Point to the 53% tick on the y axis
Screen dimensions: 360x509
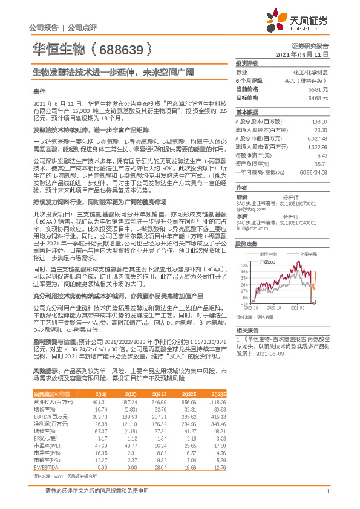(x=244, y=265)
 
